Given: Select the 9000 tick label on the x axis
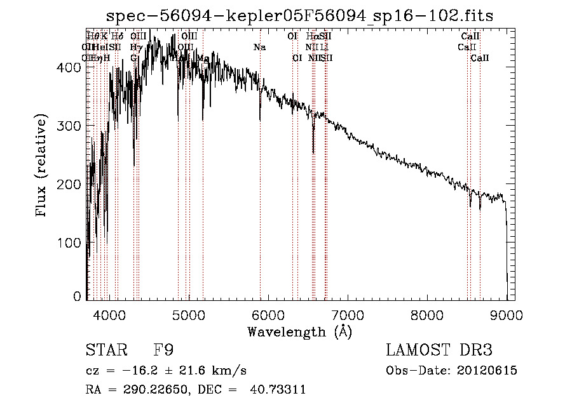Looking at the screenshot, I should click(x=507, y=313).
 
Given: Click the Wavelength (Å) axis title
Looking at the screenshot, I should click(x=299, y=331).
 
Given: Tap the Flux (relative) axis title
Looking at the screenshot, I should click(x=43, y=166).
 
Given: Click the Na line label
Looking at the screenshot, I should click(x=259, y=47).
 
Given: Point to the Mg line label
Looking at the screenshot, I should click(x=203, y=58).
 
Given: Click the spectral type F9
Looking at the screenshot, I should click(x=164, y=350).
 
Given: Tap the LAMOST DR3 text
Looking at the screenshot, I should click(x=439, y=350).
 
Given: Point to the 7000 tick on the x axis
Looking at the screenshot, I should click(x=348, y=313).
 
